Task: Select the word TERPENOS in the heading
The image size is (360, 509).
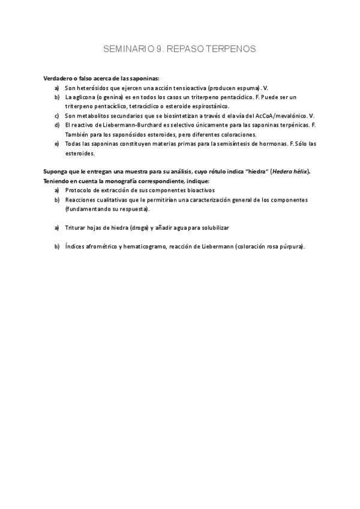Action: pyautogui.click(x=231, y=49)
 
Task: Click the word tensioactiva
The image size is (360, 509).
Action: pyautogui.click(x=190, y=88)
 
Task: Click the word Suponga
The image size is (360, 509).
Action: pyautogui.click(x=55, y=172)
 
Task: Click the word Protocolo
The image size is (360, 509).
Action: pyautogui.click(x=78, y=190)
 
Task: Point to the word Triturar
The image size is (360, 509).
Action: pyautogui.click(x=76, y=228)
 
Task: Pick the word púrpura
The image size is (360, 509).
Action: pyautogui.click(x=290, y=247)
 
